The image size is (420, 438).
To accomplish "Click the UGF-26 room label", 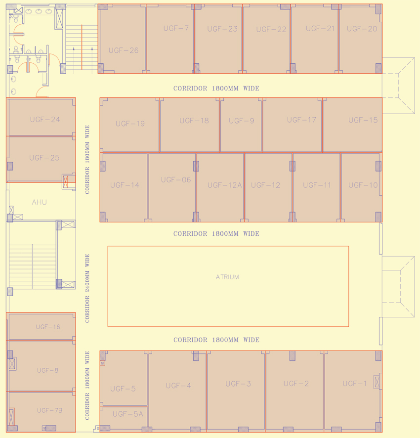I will coord(124,50).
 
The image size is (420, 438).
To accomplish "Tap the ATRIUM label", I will coord(227,277).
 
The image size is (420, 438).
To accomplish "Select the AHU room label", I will coord(40,202).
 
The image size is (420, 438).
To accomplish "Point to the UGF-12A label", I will coord(225,185).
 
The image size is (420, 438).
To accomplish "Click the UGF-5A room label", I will coord(127,414).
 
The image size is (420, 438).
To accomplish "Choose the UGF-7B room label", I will coord(49,410).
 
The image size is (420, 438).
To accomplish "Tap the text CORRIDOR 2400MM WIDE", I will coord(87,288).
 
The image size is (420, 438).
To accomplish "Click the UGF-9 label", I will coord(242,121).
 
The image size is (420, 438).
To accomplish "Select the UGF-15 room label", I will coord(363,120).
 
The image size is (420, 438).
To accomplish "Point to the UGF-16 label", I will coord(48,327).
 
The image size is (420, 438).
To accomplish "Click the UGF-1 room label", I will coord(355,384).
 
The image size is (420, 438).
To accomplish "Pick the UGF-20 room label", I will coord(362,29).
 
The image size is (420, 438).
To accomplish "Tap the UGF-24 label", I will coord(45,120).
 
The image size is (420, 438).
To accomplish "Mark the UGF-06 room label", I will coord(176,180).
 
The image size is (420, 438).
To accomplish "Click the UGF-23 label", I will coord(222,29).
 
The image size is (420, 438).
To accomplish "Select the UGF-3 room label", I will coord(238,384).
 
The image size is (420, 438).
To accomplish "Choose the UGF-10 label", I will coord(363,185).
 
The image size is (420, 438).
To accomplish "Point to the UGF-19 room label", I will coord(130,124).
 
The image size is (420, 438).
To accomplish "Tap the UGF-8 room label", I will coord(47,370).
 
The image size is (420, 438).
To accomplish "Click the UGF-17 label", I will coord(301,120).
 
